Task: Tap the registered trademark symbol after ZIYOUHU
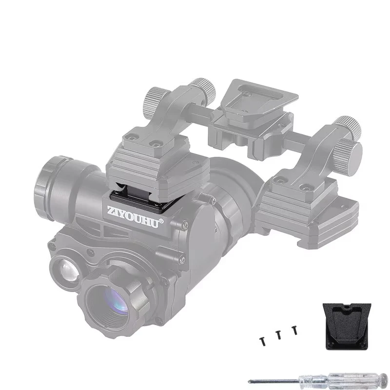point(161,221)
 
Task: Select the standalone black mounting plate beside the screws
point(347,326)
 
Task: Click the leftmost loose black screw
point(262,342)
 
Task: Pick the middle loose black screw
point(278,335)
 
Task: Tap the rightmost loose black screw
point(295,330)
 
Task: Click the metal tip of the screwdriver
point(249,381)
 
